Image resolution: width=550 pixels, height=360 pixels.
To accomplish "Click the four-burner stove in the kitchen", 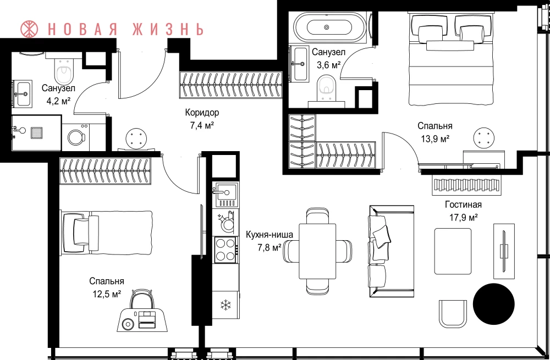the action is pyautogui.click(x=226, y=248).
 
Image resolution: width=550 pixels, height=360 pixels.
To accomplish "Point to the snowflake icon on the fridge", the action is pyautogui.click(x=226, y=305).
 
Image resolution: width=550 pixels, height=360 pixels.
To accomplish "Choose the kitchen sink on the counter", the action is pyautogui.click(x=226, y=194).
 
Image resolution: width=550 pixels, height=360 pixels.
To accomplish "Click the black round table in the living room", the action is pyautogui.click(x=493, y=303).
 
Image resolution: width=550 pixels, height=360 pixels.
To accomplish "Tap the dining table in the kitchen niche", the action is pyautogui.click(x=317, y=251).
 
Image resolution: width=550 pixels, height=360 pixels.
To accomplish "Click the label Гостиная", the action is pyautogui.click(x=463, y=204).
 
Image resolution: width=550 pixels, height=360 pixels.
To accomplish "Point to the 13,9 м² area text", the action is pyautogui.click(x=435, y=139).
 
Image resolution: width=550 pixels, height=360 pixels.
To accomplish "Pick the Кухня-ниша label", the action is pyautogui.click(x=269, y=235).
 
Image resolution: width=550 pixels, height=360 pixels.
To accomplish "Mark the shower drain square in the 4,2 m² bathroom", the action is pyautogui.click(x=37, y=132).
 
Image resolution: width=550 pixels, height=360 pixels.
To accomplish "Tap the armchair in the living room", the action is pyautogui.click(x=454, y=313).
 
